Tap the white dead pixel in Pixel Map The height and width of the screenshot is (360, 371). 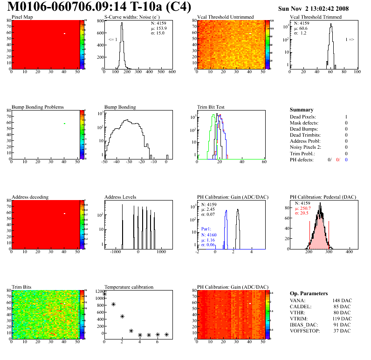coord(65,34)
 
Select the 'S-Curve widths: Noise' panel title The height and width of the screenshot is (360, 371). coord(131,17)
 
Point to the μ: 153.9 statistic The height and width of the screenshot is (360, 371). coord(158,28)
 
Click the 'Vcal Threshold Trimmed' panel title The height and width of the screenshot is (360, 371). coord(316,17)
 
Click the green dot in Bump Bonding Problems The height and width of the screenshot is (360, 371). coord(65,123)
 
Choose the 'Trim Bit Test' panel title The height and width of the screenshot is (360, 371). coord(211,107)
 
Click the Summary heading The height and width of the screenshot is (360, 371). coord(302,110)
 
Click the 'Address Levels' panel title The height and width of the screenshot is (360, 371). coord(120,197)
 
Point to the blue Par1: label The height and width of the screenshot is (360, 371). coord(207,229)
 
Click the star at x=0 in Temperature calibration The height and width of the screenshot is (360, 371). coord(104,294)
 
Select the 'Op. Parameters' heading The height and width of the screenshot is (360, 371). coord(309,293)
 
